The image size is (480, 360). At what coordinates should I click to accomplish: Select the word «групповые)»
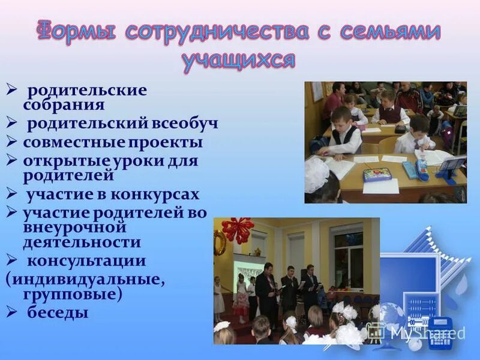click(x=72, y=295)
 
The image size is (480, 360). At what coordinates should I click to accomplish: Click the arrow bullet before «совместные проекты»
click(x=11, y=142)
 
